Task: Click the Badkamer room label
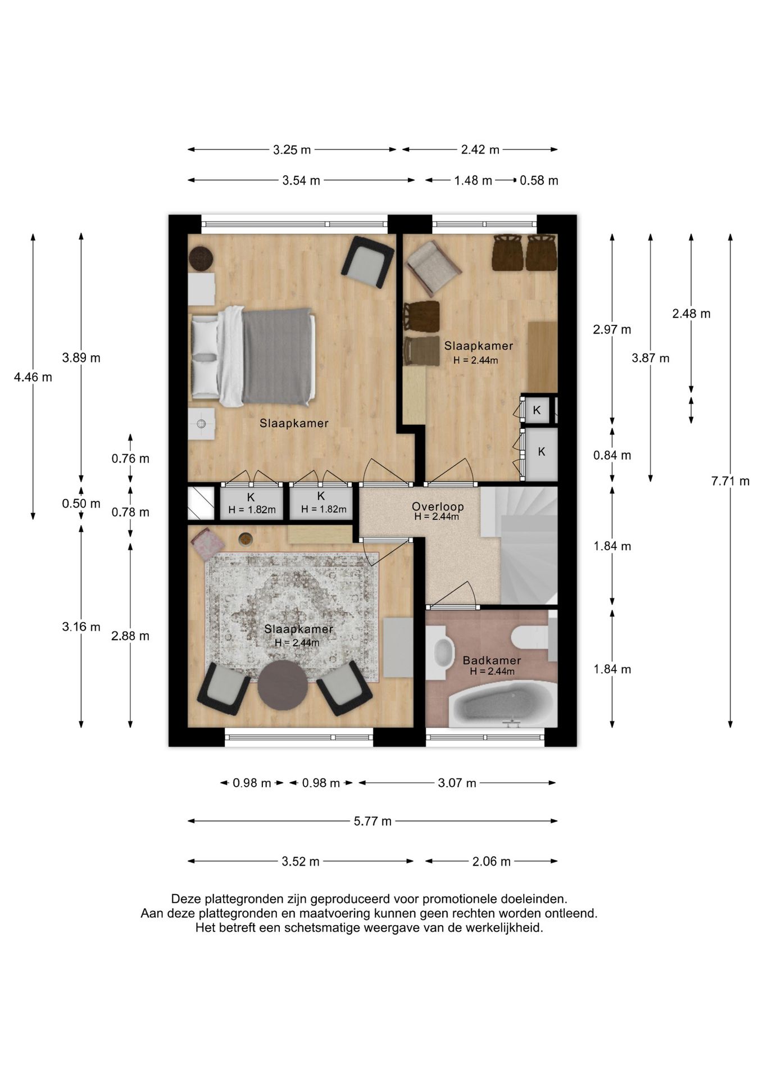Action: [x=492, y=661]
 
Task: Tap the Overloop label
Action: [x=438, y=506]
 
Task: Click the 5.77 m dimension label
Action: [x=373, y=821]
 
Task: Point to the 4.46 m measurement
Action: [x=33, y=377]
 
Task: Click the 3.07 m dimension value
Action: [x=457, y=783]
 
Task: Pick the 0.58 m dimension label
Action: [x=539, y=180]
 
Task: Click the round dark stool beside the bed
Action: [x=201, y=259]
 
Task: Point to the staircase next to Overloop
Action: [x=519, y=545]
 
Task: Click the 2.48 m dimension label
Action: [x=691, y=314]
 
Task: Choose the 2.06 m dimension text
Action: [x=491, y=862]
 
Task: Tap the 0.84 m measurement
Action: [x=612, y=455]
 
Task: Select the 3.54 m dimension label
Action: [x=301, y=180]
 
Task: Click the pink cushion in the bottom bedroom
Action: [x=207, y=544]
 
